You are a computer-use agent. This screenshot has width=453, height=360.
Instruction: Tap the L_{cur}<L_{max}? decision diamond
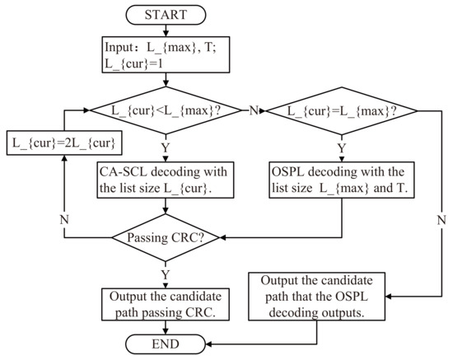click(x=166, y=110)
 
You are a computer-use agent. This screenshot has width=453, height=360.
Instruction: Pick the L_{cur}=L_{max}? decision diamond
click(x=340, y=110)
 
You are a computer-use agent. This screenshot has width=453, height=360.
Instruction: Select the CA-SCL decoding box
click(x=166, y=179)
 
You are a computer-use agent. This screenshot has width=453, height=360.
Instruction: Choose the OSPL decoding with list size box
click(x=340, y=179)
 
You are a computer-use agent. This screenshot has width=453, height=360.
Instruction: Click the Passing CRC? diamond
click(x=166, y=238)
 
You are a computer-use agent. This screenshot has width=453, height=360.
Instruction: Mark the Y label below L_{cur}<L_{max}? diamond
click(x=166, y=148)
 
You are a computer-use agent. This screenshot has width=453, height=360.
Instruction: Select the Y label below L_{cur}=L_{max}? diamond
click(x=340, y=148)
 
